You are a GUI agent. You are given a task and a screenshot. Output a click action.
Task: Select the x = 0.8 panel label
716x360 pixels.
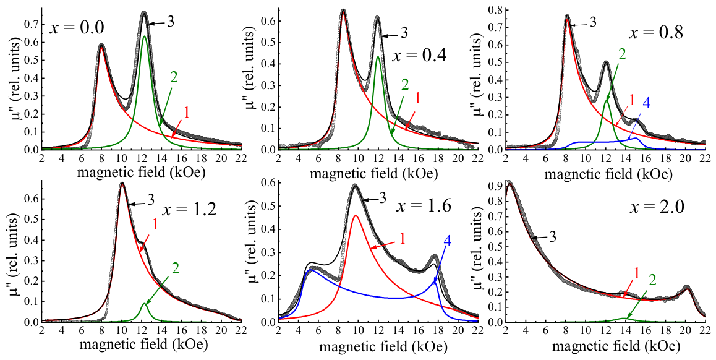656,33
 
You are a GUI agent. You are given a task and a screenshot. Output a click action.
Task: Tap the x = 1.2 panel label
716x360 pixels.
188,210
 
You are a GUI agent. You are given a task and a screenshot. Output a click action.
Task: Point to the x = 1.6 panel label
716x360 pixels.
425,206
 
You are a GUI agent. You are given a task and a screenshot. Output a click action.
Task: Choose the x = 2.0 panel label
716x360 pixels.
657,208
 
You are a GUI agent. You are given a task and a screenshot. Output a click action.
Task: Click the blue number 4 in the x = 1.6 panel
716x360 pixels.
448,242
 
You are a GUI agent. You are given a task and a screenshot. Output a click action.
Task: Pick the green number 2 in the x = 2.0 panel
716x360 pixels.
652,280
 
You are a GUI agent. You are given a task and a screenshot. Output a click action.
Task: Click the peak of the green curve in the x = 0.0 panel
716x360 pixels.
144,36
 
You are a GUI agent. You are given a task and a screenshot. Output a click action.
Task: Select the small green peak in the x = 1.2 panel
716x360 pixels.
144,303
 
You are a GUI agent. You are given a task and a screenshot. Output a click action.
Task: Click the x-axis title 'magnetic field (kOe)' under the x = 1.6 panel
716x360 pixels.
383,346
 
